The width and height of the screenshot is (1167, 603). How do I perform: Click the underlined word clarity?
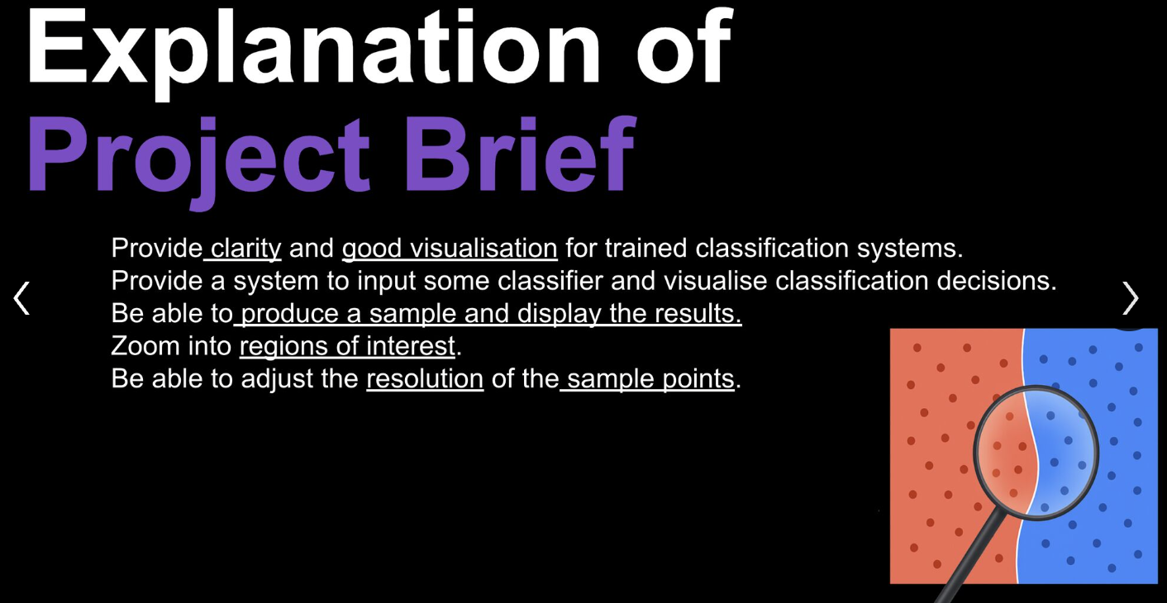pyautogui.click(x=245, y=248)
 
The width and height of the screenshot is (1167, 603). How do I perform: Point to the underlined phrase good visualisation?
pyautogui.click(x=450, y=248)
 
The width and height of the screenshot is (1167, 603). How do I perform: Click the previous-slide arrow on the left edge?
pyautogui.click(x=22, y=297)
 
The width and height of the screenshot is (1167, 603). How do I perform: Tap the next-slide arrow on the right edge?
pyautogui.click(x=1130, y=297)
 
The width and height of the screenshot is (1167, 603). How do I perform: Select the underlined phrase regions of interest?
pyautogui.click(x=347, y=346)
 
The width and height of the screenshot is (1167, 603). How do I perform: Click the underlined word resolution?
pyautogui.click(x=425, y=379)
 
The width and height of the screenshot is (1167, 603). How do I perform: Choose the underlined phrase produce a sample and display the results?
pyautogui.click(x=491, y=314)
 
